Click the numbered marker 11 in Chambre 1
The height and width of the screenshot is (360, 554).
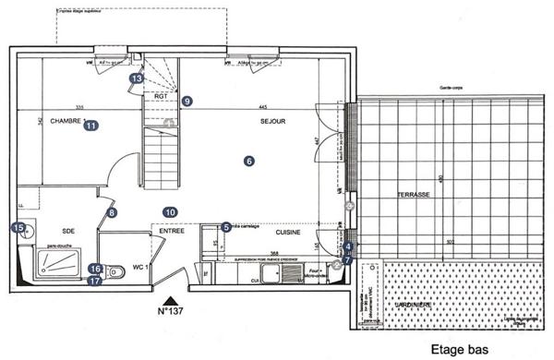(x=90, y=127)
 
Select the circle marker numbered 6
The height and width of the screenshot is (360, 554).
(x=248, y=160)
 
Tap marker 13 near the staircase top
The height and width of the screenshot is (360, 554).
(x=137, y=79)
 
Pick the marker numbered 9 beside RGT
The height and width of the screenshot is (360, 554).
(x=187, y=101)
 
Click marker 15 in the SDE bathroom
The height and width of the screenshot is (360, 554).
(x=18, y=227)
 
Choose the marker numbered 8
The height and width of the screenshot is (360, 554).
(x=113, y=212)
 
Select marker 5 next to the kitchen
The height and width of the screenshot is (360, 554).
(x=226, y=227)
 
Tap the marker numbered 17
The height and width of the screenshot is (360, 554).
(x=95, y=282)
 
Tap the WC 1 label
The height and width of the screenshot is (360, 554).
(x=139, y=267)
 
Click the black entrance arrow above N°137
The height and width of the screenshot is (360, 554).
(x=169, y=300)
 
